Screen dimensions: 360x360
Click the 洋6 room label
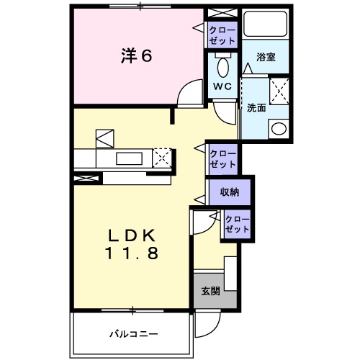[135, 55]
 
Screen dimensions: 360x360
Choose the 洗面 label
[257, 108]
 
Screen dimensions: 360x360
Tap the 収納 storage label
[230, 192]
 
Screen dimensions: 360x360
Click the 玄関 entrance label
[210, 291]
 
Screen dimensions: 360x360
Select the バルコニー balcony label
[132, 333]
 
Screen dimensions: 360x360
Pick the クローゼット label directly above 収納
[222, 158]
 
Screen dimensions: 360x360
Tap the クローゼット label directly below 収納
[237, 224]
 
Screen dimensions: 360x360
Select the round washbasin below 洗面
[278, 128]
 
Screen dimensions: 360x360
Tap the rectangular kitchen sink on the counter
[130, 158]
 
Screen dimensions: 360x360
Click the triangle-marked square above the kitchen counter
[105, 136]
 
